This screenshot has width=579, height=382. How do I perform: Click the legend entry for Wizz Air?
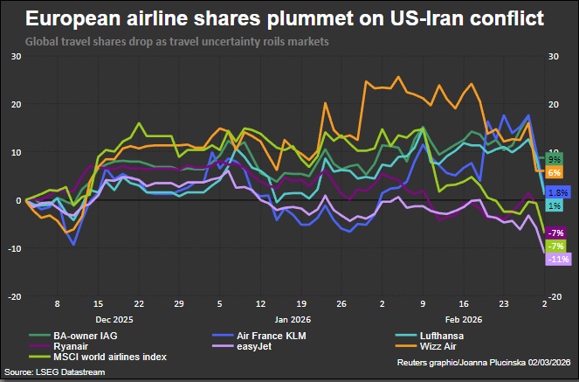(445, 345)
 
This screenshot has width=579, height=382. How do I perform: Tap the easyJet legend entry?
(247, 345)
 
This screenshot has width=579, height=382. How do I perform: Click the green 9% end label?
(555, 160)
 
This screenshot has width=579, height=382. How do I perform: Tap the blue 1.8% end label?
(557, 191)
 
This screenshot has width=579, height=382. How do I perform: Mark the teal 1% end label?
(555, 205)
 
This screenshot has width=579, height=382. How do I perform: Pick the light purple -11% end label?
(557, 260)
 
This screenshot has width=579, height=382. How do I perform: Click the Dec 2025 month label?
(114, 321)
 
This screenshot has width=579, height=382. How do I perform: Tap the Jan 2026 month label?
(287, 321)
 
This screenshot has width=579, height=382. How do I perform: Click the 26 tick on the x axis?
(341, 306)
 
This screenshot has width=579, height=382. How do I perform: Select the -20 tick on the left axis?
(15, 297)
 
